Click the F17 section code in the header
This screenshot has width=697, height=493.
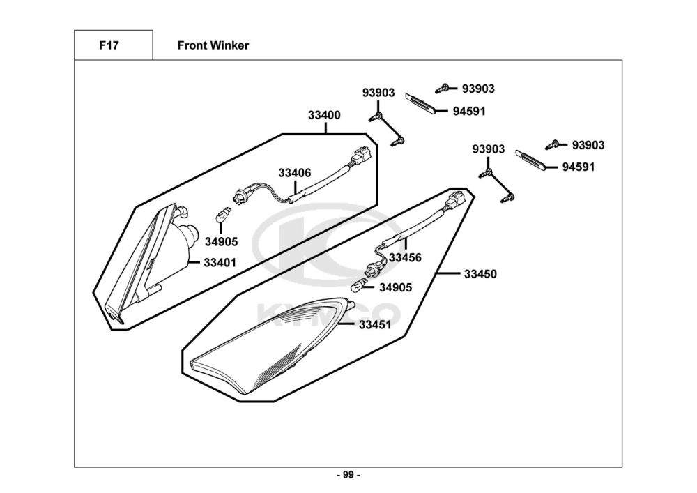(x=108, y=46)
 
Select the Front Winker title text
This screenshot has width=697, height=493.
(x=213, y=46)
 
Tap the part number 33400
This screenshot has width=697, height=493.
(x=324, y=115)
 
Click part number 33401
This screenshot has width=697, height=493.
(x=220, y=263)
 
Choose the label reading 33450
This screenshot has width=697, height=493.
(x=480, y=274)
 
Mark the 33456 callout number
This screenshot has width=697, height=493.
(x=405, y=257)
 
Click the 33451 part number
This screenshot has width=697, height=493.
(x=375, y=324)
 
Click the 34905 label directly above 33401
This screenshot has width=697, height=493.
(x=221, y=242)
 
